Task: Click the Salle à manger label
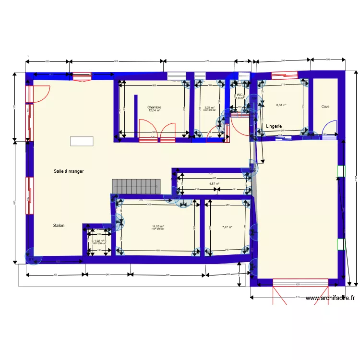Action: coord(69,171)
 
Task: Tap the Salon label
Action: coord(59,225)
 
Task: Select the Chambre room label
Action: coord(154,107)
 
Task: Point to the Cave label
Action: coord(325,107)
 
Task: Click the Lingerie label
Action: coord(274,126)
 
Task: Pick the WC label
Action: coord(239,95)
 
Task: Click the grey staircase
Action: coord(136,186)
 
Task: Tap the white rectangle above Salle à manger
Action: coord(82,141)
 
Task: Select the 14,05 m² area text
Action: coord(158,226)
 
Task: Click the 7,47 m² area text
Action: coord(227,227)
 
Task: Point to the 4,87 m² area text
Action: coord(214,183)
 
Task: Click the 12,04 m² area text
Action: coord(154,110)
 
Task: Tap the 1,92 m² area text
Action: coord(99,241)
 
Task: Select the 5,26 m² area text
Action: coord(209,108)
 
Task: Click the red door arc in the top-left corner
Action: coord(42,94)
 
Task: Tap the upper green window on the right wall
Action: coord(341,171)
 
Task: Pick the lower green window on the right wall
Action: coord(341,244)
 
